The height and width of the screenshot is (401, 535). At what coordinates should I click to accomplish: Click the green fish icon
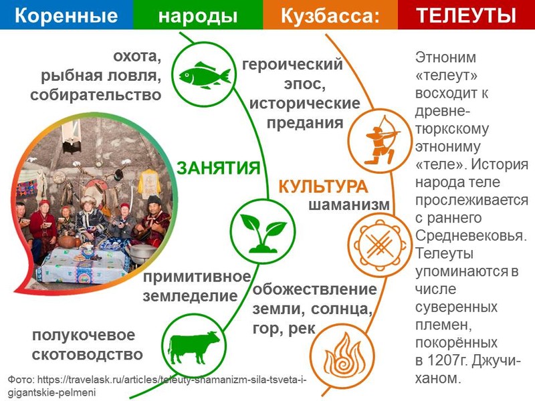click(x=205, y=76)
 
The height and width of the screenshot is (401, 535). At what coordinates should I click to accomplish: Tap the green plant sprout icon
click(x=263, y=233)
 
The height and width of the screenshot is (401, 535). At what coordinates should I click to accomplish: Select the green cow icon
click(x=193, y=348)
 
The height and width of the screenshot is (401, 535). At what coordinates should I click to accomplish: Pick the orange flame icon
click(x=342, y=355)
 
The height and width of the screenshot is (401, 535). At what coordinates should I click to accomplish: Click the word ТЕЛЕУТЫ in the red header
click(x=466, y=15)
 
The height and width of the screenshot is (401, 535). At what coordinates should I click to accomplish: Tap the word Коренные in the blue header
click(x=66, y=15)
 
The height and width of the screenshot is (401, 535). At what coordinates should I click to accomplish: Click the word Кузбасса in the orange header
click(x=326, y=16)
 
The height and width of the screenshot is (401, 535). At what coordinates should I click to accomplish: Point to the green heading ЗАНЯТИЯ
click(x=219, y=168)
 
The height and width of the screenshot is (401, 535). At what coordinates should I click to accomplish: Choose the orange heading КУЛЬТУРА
click(x=323, y=187)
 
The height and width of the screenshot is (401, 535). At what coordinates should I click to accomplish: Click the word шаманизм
click(x=349, y=205)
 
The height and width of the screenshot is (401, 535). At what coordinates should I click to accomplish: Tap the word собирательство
click(x=96, y=95)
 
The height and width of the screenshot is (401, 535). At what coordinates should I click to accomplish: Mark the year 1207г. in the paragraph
click(x=449, y=360)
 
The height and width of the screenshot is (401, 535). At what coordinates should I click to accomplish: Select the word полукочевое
click(x=84, y=336)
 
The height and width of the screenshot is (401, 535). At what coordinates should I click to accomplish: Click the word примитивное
click(x=197, y=277)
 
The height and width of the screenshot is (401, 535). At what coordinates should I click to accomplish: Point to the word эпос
click(x=304, y=84)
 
